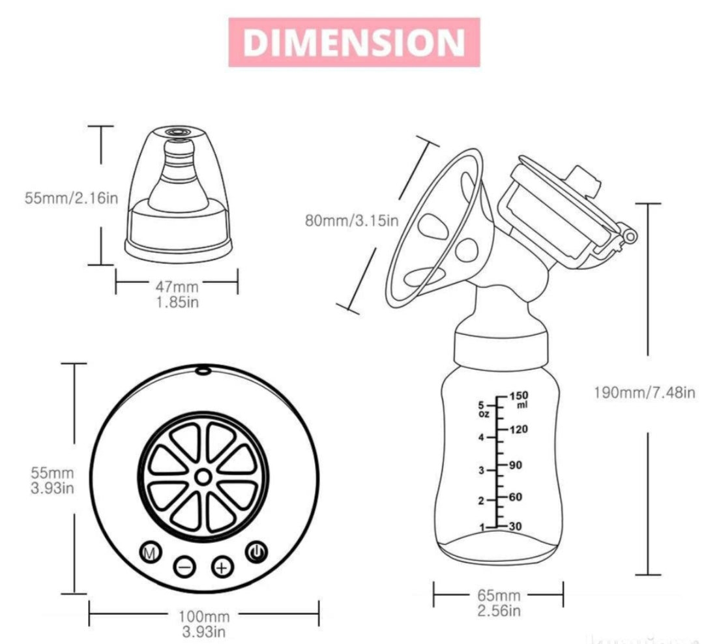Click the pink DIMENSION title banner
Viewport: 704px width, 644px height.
tap(354, 42)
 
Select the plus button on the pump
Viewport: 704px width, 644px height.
tap(222, 566)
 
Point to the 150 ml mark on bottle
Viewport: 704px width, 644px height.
tap(519, 396)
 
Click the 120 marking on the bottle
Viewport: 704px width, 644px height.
tap(519, 430)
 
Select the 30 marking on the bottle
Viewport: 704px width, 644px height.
tap(516, 527)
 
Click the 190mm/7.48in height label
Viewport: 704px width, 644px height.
tap(645, 392)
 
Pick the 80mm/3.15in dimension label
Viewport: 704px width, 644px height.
tap(351, 220)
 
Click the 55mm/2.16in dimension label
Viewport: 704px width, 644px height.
tap(72, 197)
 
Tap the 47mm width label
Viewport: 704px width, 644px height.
tap(177, 285)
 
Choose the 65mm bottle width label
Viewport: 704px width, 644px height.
tap(499, 594)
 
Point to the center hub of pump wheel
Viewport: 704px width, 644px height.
tap(203, 478)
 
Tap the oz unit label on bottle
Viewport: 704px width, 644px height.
tap(483, 413)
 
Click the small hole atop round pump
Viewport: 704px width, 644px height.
tap(203, 371)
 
